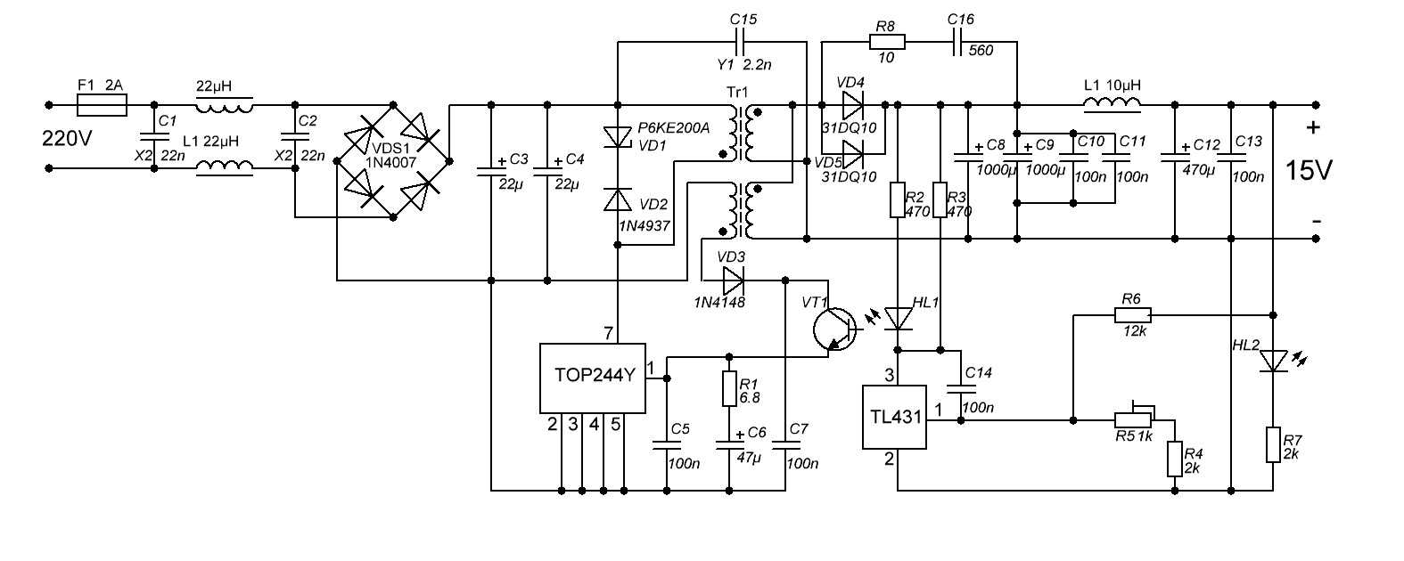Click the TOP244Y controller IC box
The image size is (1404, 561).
tap(592, 378)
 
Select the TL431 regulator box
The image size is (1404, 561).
tap(894, 417)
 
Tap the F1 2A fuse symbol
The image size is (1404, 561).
tap(103, 106)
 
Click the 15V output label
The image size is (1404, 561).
tap(1308, 170)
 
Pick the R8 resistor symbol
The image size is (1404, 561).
tap(886, 41)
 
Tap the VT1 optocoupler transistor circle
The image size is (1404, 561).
tap(834, 328)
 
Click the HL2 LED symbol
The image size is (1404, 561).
tap(1273, 361)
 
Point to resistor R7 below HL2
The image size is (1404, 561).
tap(1273, 444)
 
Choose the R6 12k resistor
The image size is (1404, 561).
tap(1132, 314)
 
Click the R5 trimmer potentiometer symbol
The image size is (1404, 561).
tap(1133, 419)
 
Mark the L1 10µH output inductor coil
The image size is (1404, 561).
tap(1112, 105)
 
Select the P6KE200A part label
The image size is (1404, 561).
tap(673, 128)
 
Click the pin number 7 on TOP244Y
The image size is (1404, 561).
tap(608, 333)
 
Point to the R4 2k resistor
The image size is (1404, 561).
tap(1175, 459)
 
